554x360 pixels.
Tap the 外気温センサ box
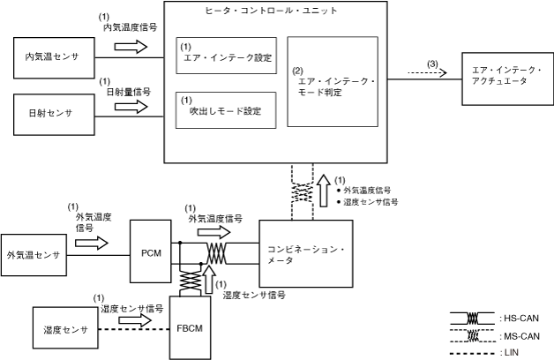[x=33, y=255]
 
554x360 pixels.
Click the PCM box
[x=151, y=251]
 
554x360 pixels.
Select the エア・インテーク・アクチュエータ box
[x=505, y=76]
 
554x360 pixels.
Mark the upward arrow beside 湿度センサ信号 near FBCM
[x=208, y=276]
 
